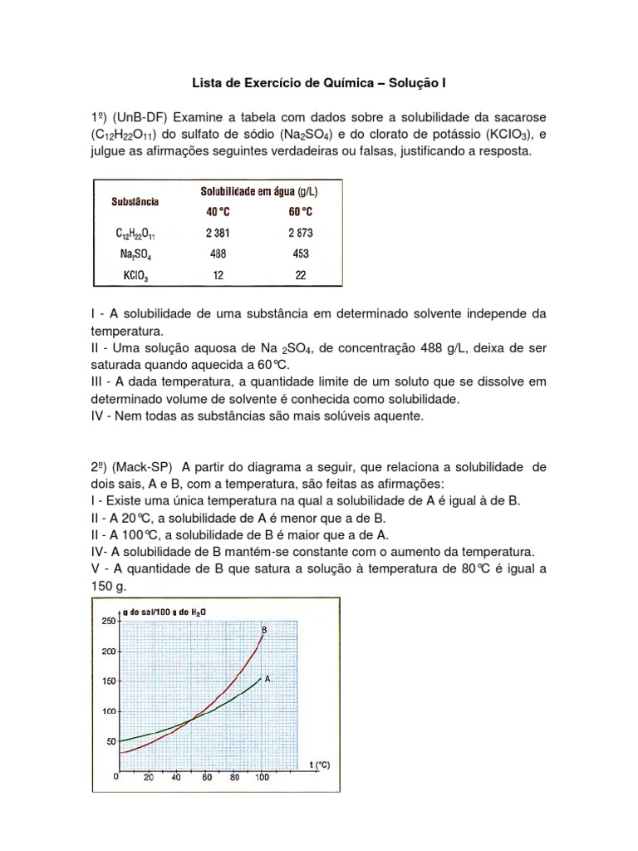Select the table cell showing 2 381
pos(218,234)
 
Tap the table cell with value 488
pos(218,254)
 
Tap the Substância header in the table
pos(135,201)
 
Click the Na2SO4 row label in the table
pos(135,255)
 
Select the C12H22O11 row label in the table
pos(135,234)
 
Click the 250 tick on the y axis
pos(107,621)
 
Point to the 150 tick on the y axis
pos(107,681)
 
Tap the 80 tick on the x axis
pos(234,778)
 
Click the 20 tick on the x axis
pos(148,778)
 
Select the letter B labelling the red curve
pos(264,631)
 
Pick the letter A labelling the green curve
pos(267,678)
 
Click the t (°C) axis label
pos(318,765)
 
